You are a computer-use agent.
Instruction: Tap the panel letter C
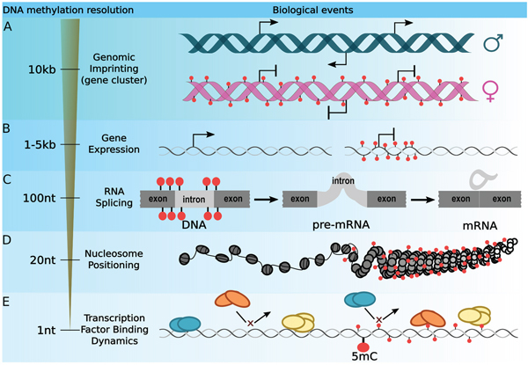[7, 179]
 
